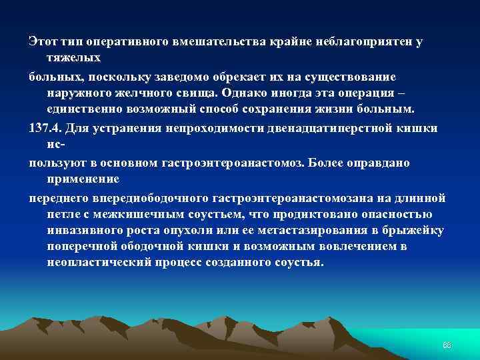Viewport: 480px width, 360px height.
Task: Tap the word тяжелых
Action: point(73,59)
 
